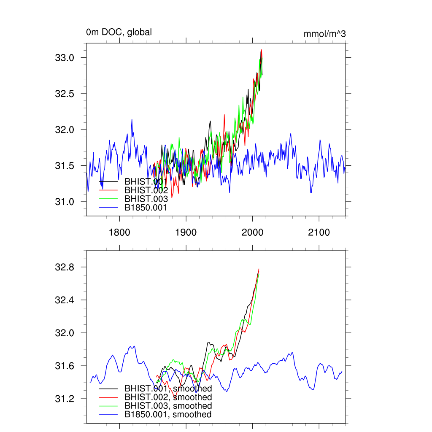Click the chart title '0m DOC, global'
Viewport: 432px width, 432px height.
click(119, 32)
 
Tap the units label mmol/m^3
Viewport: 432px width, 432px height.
click(324, 34)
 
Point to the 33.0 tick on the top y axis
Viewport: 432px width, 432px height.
click(65, 58)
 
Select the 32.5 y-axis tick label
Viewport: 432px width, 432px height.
click(65, 94)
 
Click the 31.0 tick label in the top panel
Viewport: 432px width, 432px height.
click(65, 202)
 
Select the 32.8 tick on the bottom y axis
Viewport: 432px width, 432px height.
click(65, 267)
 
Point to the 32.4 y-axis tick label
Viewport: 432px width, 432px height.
click(65, 300)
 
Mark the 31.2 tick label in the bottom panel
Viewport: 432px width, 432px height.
click(65, 399)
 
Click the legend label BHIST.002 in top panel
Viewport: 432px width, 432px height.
click(146, 190)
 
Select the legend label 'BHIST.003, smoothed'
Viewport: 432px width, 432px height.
click(168, 406)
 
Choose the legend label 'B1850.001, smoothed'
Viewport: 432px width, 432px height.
click(168, 415)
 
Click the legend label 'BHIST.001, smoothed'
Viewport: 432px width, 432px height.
click(168, 389)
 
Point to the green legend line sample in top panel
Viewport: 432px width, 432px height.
click(108, 199)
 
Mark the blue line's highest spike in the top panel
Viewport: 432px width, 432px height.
click(132, 119)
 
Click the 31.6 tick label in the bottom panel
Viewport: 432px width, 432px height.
click(65, 366)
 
